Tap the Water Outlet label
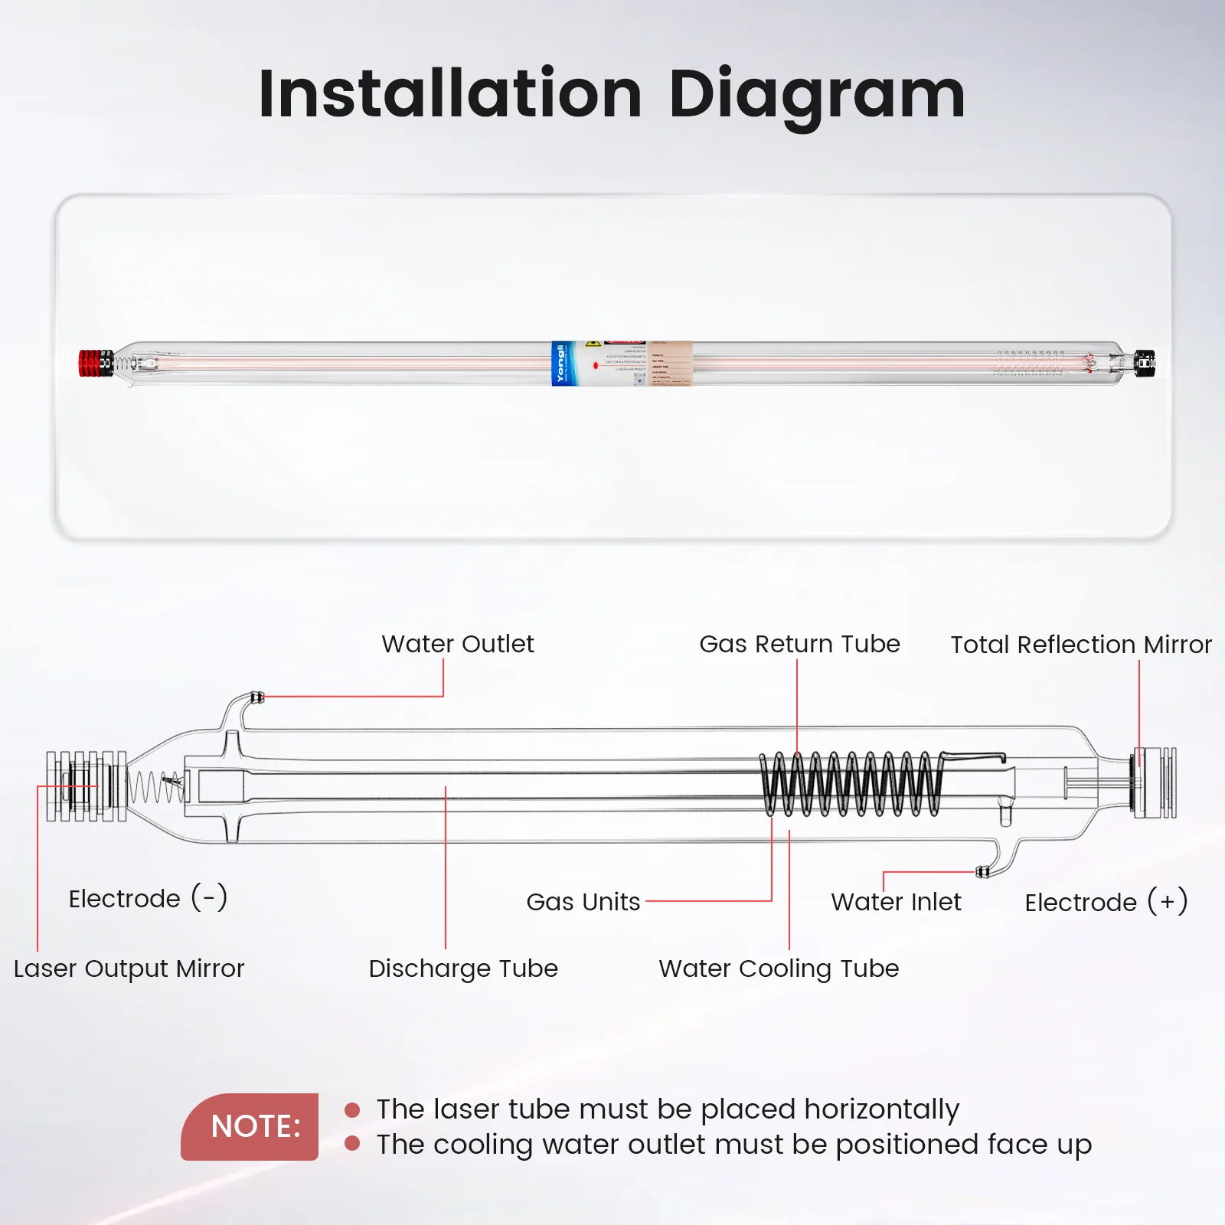[458, 644]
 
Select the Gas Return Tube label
[799, 644]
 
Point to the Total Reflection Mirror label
[1081, 645]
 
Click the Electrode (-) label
[148, 898]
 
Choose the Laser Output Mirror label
[129, 969]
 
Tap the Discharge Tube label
[463, 969]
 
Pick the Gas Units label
[583, 902]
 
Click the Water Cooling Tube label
[779, 969]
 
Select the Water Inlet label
[896, 902]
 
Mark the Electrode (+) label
[1106, 902]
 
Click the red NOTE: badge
[250, 1126]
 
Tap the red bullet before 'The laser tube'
[352, 1110]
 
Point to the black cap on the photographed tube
[1145, 363]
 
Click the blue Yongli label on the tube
[560, 364]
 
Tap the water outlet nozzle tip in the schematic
[258, 697]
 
